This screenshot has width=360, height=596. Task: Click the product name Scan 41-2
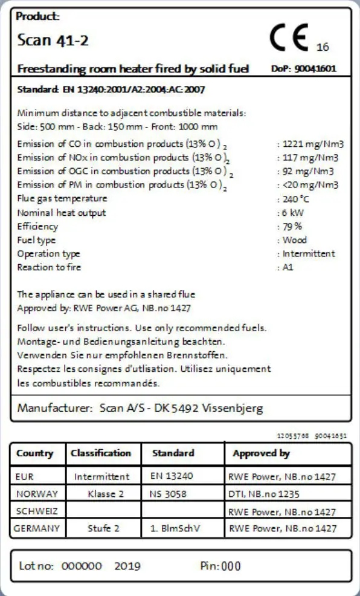[x=45, y=40]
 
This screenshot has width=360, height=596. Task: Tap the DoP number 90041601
[x=315, y=69]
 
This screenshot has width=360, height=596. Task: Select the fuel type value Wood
[x=295, y=240]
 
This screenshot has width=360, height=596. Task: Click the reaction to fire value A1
[x=288, y=267]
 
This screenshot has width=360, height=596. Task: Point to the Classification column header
[x=100, y=453]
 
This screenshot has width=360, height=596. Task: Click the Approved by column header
[x=261, y=453]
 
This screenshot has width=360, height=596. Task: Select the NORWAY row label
[x=37, y=494]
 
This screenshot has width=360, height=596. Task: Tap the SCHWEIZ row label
[x=37, y=511]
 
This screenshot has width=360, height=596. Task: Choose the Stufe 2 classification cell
[x=103, y=528]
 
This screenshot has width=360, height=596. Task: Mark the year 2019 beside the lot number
[x=127, y=566]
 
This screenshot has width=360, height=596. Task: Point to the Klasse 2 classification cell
[x=106, y=494]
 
